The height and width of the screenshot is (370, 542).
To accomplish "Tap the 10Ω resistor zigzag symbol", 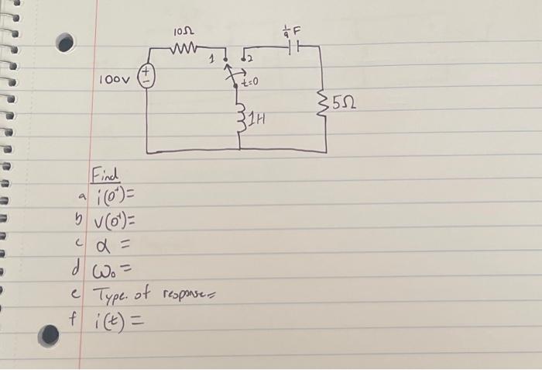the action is (184, 47).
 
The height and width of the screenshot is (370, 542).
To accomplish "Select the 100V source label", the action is (115, 80).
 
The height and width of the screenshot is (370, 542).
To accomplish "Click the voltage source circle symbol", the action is (146, 76).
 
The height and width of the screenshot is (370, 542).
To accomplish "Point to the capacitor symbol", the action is (293, 47).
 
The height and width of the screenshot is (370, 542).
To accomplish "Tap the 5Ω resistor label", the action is (344, 103).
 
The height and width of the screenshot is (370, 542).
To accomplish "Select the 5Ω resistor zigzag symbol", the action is (323, 104).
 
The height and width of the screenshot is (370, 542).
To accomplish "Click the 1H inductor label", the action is (258, 120).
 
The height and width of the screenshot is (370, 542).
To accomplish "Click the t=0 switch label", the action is (249, 82).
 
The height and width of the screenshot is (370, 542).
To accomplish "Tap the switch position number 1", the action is (213, 60).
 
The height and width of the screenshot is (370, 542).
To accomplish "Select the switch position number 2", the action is (250, 60).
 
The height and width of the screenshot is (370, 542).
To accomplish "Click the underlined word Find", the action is (105, 175).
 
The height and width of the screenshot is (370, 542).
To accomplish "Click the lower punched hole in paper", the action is (48, 335).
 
